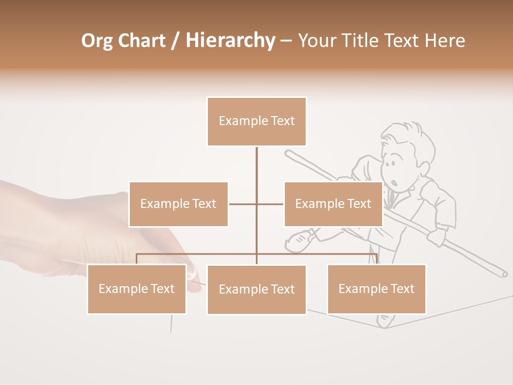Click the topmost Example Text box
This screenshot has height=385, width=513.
tap(256, 121)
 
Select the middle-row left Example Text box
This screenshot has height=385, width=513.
tap(178, 204)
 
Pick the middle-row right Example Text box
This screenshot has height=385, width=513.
tap(333, 204)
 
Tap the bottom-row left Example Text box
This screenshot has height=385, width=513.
tap(137, 289)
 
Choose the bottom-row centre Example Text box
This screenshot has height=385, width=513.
tap(256, 290)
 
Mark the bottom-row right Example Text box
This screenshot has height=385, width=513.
tap(376, 289)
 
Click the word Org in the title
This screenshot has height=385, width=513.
tap(97, 41)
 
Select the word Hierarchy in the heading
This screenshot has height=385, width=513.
tap(230, 41)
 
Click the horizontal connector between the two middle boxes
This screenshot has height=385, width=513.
tap(256, 204)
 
